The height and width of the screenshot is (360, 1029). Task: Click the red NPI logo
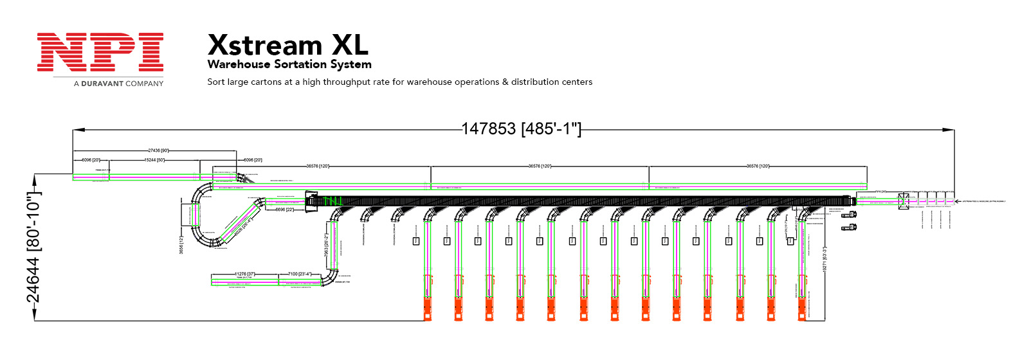[x=100, y=52]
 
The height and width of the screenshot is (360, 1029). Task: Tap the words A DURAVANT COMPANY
[x=118, y=84]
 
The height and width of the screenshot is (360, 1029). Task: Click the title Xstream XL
[x=287, y=45]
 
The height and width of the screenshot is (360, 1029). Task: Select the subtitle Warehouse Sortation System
[x=289, y=64]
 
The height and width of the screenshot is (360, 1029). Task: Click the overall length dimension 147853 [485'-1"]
[x=521, y=129]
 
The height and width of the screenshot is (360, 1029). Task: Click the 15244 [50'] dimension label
[x=154, y=160]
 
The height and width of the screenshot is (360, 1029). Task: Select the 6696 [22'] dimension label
[x=284, y=210]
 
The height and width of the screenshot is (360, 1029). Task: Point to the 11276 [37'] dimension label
[x=244, y=274]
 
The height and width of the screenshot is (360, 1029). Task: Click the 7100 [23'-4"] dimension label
[x=300, y=274]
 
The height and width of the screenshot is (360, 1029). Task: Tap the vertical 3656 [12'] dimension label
[x=181, y=244]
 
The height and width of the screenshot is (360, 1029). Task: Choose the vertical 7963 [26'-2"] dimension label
[x=327, y=244]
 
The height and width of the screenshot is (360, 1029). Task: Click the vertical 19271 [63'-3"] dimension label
[x=825, y=260]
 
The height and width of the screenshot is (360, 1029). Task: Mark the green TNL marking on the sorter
[x=332, y=202]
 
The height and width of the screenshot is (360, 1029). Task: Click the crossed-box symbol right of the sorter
[x=904, y=201]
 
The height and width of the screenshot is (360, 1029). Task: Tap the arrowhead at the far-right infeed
[x=957, y=201]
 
